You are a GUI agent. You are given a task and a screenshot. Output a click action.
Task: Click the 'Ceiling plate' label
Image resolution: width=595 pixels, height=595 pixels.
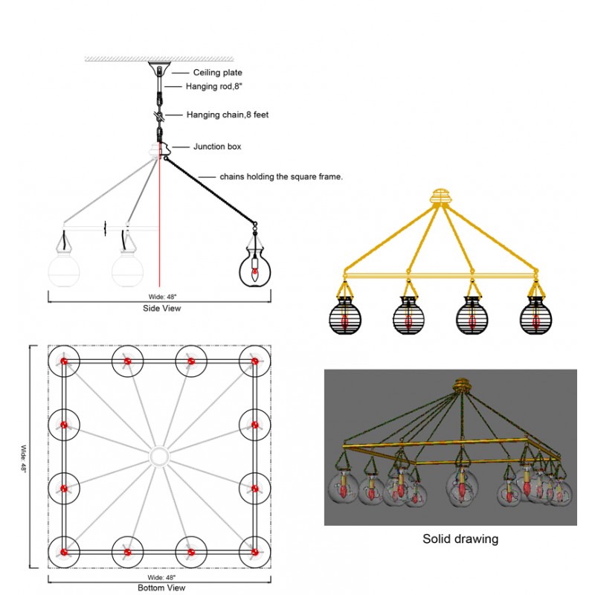click(217, 72)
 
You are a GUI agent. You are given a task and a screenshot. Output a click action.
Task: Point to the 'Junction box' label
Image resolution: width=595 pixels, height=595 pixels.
click(217, 147)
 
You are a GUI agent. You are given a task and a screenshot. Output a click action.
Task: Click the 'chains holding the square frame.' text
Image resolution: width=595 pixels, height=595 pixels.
click(280, 176)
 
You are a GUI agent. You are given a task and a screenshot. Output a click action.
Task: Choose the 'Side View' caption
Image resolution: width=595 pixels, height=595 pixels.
click(161, 308)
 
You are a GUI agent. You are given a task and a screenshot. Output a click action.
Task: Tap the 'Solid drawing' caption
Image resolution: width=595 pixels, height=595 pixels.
click(460, 538)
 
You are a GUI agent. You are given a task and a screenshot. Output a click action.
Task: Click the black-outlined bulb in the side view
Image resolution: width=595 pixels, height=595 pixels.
click(254, 268)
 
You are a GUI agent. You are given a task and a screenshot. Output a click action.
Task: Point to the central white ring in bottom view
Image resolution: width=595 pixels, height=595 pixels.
click(159, 456)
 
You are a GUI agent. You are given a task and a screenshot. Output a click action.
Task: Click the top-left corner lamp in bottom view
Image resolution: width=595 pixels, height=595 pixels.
click(64, 361)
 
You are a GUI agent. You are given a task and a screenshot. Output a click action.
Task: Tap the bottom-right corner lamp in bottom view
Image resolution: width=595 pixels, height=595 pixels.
click(254, 552)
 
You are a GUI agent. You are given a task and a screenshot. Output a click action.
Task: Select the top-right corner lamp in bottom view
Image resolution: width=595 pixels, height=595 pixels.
click(254, 361)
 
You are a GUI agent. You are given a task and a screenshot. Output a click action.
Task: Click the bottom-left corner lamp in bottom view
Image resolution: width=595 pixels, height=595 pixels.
click(64, 552)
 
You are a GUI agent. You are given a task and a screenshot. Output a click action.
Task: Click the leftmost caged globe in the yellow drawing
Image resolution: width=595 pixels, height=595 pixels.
click(344, 315)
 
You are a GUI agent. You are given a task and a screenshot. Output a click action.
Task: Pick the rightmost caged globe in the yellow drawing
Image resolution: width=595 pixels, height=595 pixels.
click(535, 315)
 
